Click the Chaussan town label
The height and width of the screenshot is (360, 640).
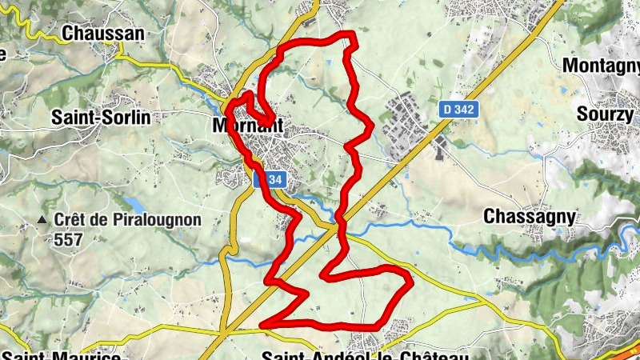coord(102,34)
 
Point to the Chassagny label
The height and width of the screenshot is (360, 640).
coord(530,216)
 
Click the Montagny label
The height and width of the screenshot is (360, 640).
coord(602,65)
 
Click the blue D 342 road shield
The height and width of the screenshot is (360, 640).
coord(459,108)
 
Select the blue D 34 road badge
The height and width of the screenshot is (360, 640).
coord(268,180)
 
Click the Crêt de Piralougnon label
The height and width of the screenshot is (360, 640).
coord(128,219)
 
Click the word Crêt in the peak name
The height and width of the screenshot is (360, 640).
coord(71,219)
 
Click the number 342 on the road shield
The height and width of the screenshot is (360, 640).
coord(465,108)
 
